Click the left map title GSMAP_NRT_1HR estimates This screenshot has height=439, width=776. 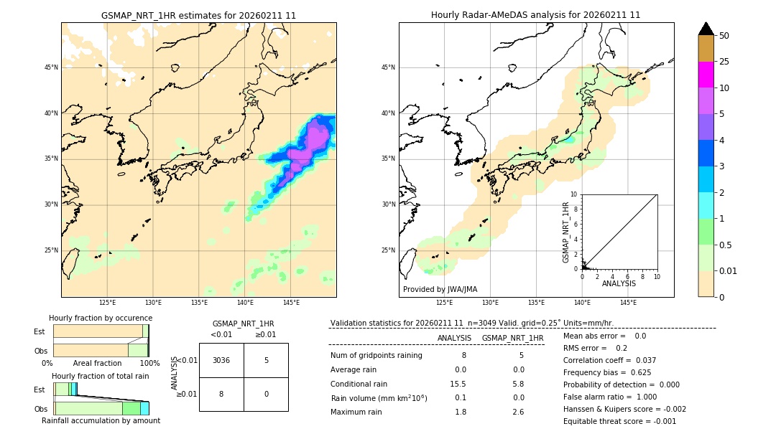click(198, 15)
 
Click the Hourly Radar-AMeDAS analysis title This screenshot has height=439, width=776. click(535, 15)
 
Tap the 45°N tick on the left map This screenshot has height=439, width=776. click(51, 67)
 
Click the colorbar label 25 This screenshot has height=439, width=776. click(724, 62)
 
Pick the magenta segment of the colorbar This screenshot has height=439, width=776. click(706, 75)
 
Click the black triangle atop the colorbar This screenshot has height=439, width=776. click(706, 29)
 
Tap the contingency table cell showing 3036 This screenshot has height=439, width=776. click(221, 360)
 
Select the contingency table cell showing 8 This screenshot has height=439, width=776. click(221, 394)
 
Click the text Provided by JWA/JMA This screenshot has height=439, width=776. click(440, 289)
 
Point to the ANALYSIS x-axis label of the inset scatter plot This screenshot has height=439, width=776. click(619, 283)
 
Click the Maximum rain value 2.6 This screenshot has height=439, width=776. click(517, 412)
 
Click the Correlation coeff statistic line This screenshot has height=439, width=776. click(609, 360)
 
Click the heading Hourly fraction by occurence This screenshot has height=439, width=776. click(101, 318)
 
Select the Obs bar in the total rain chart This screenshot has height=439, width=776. click(101, 408)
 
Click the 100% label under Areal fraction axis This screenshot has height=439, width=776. click(149, 364)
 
